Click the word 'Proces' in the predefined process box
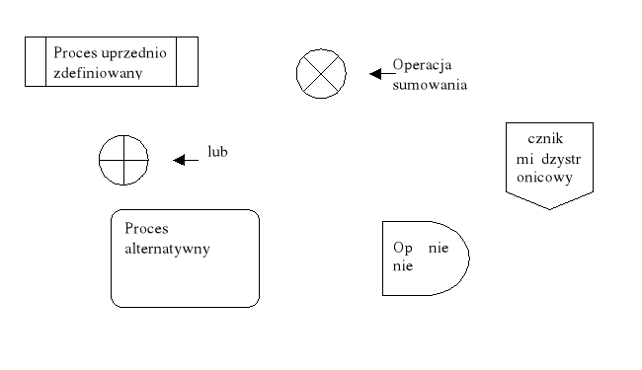[74, 52]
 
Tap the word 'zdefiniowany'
[98, 72]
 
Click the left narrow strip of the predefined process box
[35, 62]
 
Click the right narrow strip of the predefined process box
[188, 62]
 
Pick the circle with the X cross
[322, 73]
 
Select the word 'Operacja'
[422, 65]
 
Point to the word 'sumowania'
[430, 85]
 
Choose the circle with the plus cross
[123, 160]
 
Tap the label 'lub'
[217, 152]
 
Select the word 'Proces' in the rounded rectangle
[146, 228]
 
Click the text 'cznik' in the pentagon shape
[545, 139]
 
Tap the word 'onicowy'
[543, 178]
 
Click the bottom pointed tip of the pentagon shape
[549, 207]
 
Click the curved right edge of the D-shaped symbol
[468, 259]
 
